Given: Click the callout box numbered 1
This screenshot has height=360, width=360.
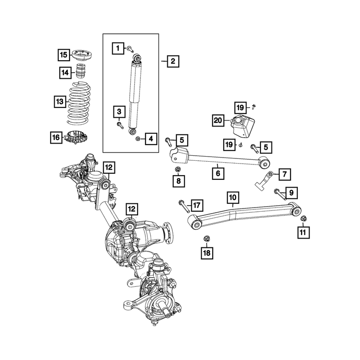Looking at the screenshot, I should [x=118, y=47].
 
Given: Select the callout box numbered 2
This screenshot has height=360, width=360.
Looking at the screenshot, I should [x=172, y=61].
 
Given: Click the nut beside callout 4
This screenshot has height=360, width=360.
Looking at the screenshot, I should [x=138, y=139].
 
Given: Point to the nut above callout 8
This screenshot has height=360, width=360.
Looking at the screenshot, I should [x=178, y=170].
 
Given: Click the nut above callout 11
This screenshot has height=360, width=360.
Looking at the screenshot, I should [x=303, y=218].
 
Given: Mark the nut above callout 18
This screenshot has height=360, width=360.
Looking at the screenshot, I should [x=206, y=239].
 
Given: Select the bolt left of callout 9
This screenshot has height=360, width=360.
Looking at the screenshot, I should [x=278, y=191].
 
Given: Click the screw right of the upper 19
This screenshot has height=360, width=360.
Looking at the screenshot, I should [x=253, y=107].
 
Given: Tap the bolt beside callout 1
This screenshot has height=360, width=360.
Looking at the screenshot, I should [x=131, y=48].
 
